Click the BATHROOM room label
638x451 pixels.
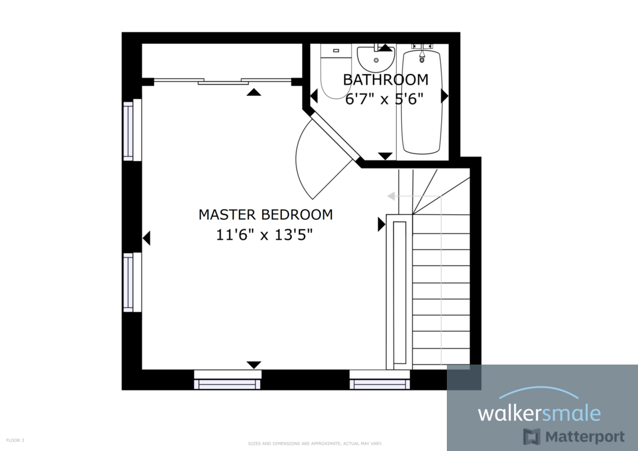[x=385, y=80]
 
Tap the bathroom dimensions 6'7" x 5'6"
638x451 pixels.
[x=385, y=98]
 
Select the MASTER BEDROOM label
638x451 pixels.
[x=265, y=214]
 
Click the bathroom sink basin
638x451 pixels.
[x=375, y=59]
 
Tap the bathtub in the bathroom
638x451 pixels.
[x=421, y=103]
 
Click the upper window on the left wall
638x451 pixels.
[x=129, y=130]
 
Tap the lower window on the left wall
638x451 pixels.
[x=129, y=282]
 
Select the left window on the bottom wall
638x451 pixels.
[x=227, y=380]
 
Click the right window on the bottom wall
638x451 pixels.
[x=379, y=380]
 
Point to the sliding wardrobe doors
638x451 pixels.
[x=222, y=81]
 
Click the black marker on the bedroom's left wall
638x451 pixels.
[x=147, y=238]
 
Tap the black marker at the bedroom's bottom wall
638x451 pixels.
[x=254, y=365]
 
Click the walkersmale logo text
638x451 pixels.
[x=539, y=413]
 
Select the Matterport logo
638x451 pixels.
[x=574, y=437]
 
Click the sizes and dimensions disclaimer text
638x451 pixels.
[x=315, y=443]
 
